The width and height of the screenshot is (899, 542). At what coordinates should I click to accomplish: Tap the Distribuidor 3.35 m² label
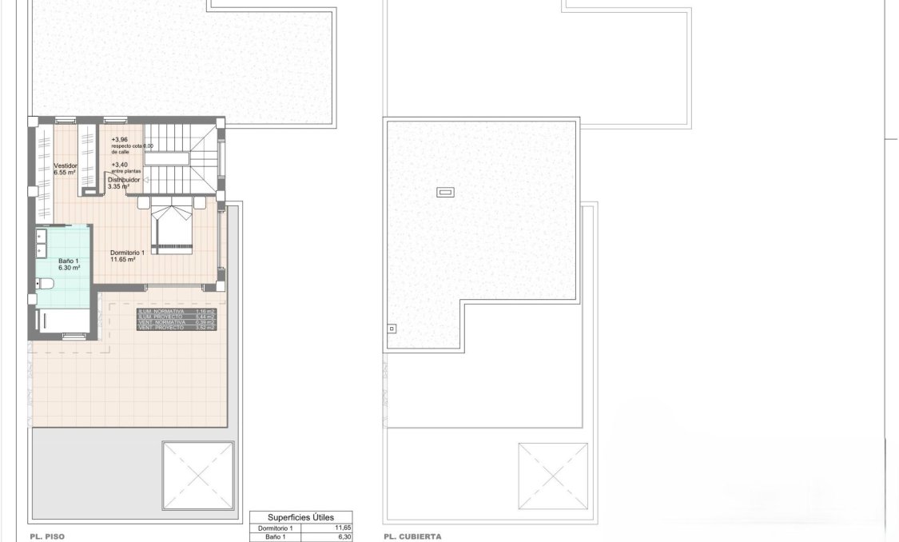point(124,183)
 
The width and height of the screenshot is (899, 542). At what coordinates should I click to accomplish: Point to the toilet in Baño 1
point(45,283)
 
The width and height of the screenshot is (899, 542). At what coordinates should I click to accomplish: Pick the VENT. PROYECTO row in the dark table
point(177,328)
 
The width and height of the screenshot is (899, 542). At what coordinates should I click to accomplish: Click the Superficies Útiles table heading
point(300,517)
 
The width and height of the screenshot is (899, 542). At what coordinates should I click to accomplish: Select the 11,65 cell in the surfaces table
point(341,528)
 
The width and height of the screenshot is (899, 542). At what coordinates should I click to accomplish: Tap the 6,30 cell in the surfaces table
point(341,538)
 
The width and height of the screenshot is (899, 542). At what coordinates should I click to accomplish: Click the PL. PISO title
point(46,537)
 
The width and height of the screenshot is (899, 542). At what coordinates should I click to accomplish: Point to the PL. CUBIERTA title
point(412,537)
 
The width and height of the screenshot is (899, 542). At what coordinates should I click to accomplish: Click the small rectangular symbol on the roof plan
point(445,192)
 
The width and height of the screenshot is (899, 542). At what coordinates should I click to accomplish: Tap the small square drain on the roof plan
point(392,328)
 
